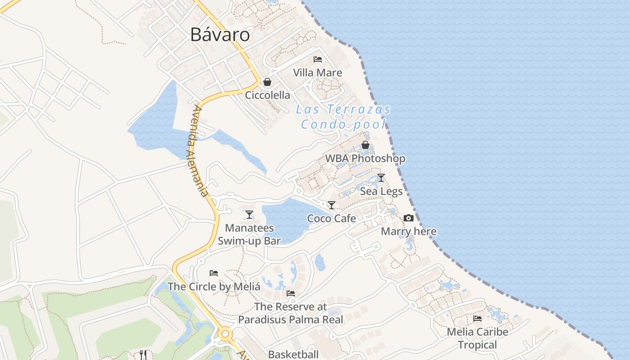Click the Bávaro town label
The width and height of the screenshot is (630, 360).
[x=220, y=35]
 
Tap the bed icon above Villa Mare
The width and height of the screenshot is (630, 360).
[x=318, y=59]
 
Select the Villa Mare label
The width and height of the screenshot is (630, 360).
[x=318, y=73]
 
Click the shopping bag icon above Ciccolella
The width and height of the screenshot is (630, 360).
[x=267, y=82]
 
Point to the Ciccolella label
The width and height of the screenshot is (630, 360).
[x=267, y=95]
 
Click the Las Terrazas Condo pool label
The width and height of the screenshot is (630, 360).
[x=343, y=117]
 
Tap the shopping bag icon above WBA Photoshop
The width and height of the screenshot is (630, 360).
[x=365, y=145]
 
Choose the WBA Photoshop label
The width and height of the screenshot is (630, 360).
[x=365, y=158]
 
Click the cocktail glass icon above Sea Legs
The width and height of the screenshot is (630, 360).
[x=381, y=178]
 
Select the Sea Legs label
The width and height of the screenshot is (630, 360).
[x=381, y=192]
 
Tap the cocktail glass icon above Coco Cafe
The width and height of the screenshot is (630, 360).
[x=332, y=205]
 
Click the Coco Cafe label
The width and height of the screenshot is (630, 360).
[x=332, y=219]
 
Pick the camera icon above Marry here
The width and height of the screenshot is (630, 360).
[x=409, y=218]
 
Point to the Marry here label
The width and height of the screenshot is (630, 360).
[x=409, y=232]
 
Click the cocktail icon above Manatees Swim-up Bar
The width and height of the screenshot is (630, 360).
[x=249, y=215]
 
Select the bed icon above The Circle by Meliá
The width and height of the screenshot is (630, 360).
[x=214, y=273]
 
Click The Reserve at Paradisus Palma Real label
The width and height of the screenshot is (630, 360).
[x=291, y=313]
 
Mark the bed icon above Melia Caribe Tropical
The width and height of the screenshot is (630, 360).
[x=477, y=319]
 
